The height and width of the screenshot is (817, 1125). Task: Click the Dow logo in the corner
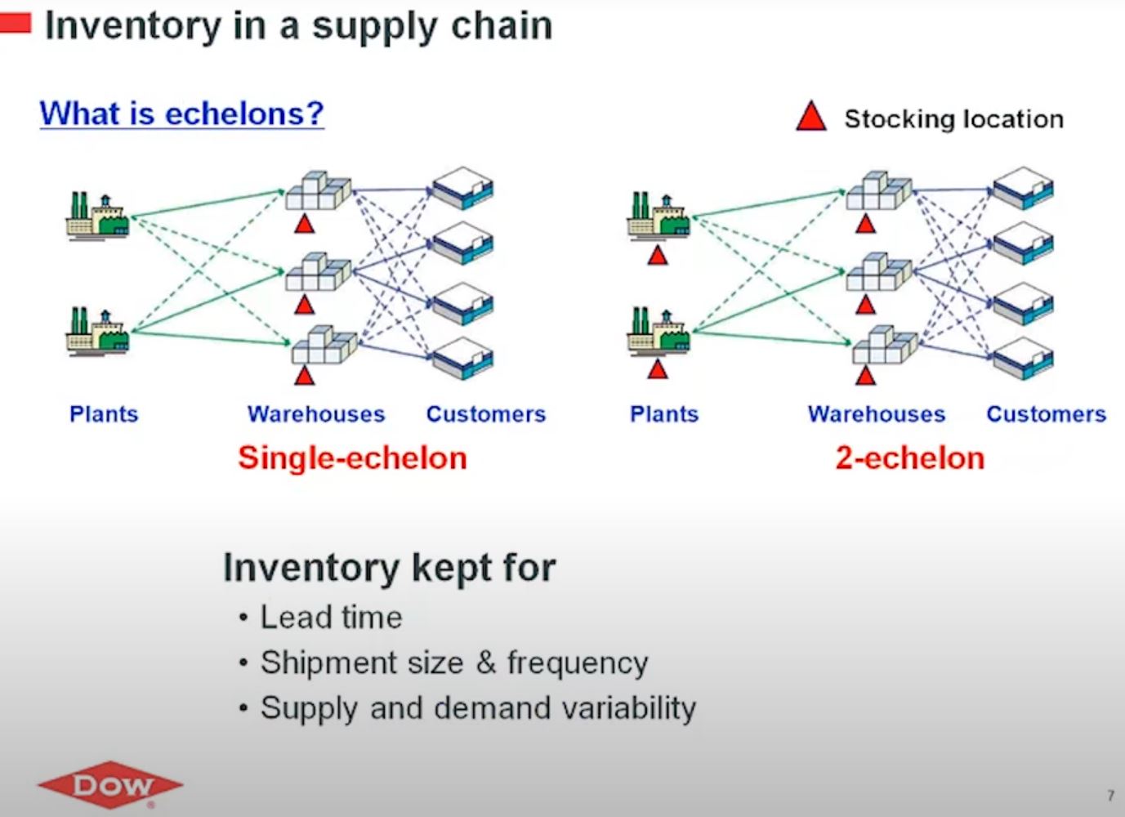[110, 786]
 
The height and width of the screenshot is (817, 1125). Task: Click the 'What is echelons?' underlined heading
[181, 113]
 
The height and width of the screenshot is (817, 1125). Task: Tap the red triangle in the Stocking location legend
[810, 117]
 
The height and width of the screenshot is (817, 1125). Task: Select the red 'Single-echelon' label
[352, 458]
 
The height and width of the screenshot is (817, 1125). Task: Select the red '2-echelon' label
[909, 458]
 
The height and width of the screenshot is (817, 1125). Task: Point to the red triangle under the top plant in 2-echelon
[658, 257]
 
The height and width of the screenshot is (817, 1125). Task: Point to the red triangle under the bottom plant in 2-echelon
[658, 370]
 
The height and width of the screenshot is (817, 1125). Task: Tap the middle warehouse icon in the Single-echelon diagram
[318, 272]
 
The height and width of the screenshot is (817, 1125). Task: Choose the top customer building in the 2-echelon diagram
[1023, 189]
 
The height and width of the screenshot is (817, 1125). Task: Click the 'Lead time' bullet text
[331, 618]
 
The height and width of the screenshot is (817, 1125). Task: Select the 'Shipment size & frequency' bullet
[454, 663]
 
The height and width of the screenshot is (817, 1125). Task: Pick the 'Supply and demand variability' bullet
[478, 708]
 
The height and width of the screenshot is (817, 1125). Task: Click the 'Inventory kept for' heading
[390, 568]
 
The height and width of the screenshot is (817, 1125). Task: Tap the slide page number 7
[1110, 795]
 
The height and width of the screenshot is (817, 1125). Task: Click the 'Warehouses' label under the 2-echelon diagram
[877, 414]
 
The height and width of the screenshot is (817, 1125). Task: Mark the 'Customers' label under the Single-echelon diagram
[486, 414]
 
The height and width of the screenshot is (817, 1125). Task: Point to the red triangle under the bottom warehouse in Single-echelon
[305, 376]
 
